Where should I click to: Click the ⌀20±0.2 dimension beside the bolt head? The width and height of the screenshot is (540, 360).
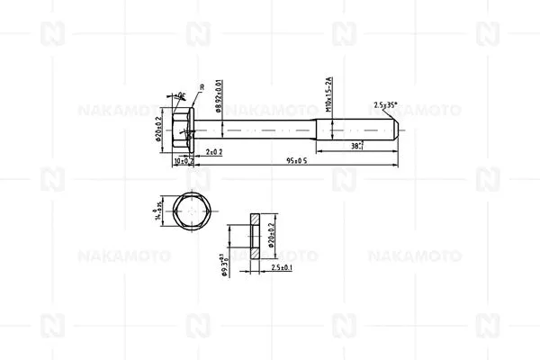(158, 131)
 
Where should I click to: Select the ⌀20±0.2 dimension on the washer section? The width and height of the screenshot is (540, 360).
(270, 230)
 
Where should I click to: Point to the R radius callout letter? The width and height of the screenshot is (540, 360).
(202, 88)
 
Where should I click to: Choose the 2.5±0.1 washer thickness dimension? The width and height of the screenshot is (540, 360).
(258, 268)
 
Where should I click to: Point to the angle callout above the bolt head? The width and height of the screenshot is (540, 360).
(181, 95)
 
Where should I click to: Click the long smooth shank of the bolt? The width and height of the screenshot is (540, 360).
(261, 131)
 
